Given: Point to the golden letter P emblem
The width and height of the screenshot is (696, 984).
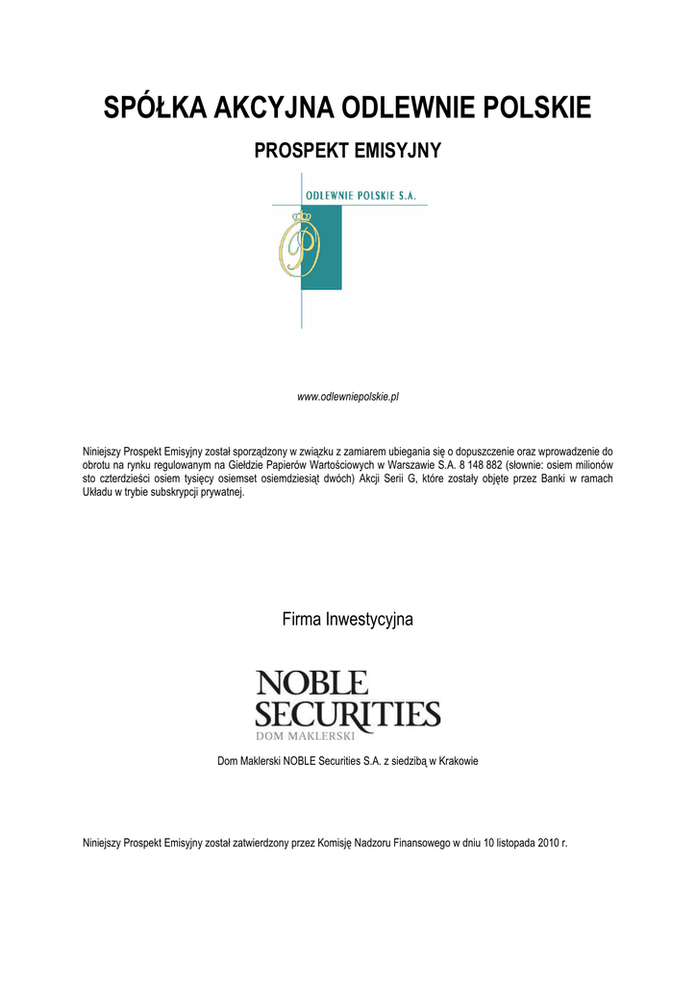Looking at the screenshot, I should coord(298,248).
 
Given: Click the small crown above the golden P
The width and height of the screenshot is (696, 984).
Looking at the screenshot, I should coord(304,219).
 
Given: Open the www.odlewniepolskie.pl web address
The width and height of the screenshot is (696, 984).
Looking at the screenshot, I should coord(348,396).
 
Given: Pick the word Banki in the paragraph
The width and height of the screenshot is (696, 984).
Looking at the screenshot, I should coord(539,478).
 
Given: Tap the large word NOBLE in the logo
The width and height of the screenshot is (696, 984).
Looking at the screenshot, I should coord(311,684).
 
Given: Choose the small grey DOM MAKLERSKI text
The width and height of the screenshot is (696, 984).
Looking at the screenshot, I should coord(305,736).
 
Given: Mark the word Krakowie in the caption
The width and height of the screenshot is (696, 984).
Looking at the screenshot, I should coord(458,761).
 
